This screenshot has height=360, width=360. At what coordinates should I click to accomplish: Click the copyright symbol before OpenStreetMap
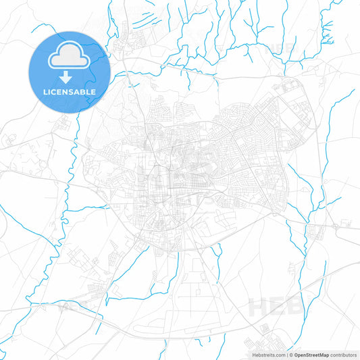(290, 354)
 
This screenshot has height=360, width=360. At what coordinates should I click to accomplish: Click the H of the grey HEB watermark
(261, 305)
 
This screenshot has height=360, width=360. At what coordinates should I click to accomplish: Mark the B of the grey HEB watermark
(299, 305)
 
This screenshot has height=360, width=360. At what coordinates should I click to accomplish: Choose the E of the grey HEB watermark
(280, 305)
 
